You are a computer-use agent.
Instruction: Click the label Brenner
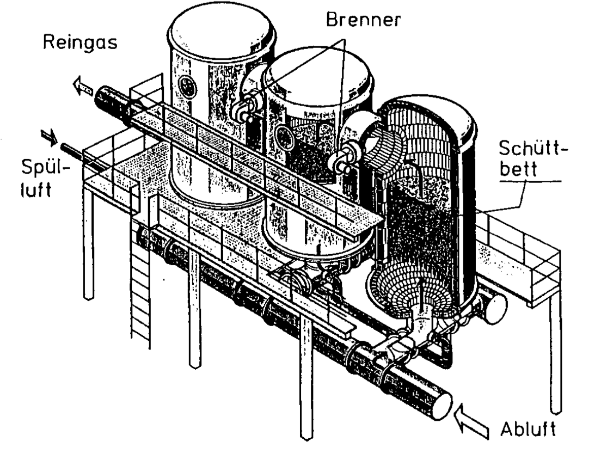coord(363,19)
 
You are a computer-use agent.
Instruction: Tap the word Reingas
coord(80,42)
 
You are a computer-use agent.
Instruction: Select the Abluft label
coord(527,429)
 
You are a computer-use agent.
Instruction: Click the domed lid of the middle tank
coord(319,77)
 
